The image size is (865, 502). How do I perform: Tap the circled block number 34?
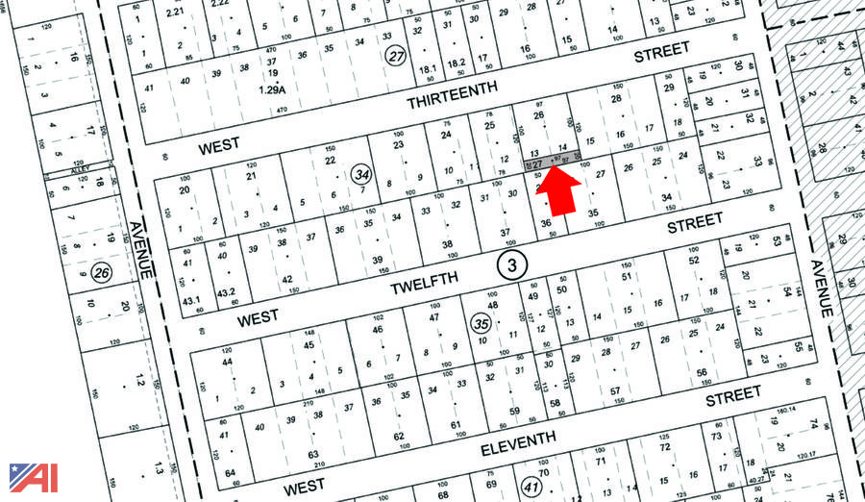point(361,174)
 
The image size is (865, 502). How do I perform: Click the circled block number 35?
point(482,323)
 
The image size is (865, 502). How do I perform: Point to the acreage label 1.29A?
point(273,88)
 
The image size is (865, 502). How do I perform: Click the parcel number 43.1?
point(191,302)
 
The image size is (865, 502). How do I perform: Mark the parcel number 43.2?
point(226,292)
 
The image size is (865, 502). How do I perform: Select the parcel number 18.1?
point(428,68)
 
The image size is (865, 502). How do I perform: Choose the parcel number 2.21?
point(174,12)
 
